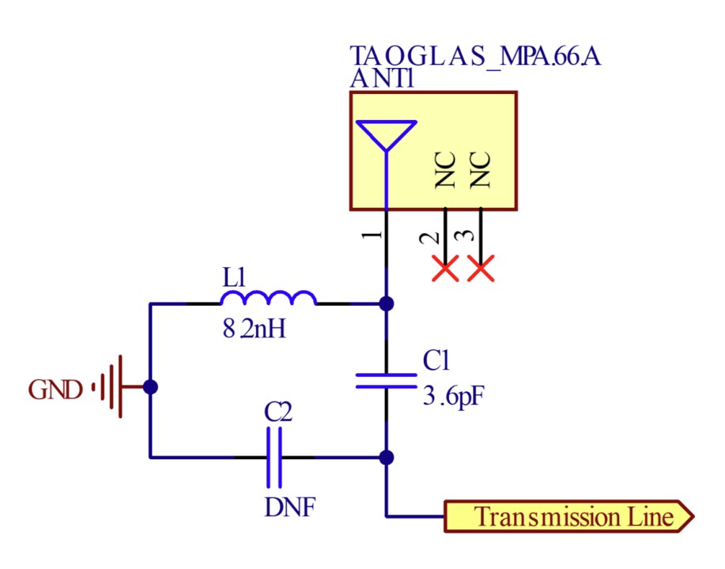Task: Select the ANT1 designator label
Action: [383, 79]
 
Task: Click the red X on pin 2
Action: [445, 269]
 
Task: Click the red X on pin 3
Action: [481, 269]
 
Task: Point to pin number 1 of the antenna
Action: [376, 235]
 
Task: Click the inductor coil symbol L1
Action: [269, 299]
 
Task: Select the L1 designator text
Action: [235, 277]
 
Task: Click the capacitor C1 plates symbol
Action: [386, 381]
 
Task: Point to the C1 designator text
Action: [436, 361]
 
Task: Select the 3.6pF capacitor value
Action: [453, 395]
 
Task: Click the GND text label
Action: [55, 390]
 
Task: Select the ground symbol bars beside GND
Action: [111, 387]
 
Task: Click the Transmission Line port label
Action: [569, 517]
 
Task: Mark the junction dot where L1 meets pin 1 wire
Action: [386, 303]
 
